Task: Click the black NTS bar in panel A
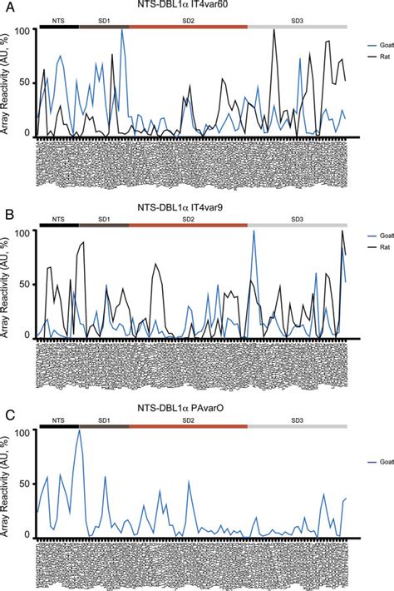pos(58,26)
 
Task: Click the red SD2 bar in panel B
pos(188,225)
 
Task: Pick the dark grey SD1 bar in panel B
pos(104,225)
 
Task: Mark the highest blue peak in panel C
pos(80,430)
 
